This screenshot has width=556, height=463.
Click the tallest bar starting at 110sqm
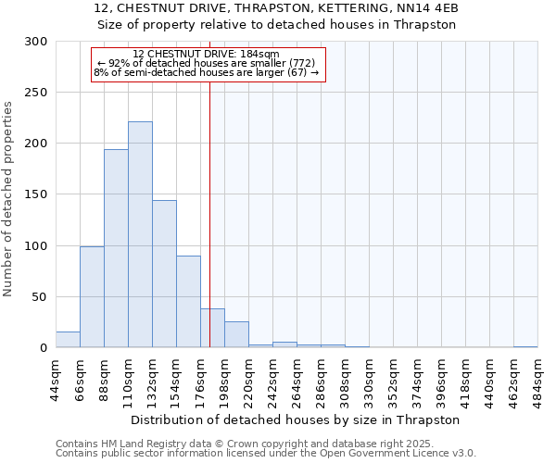tap(140, 234)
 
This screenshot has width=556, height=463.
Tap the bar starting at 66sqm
tap(92, 296)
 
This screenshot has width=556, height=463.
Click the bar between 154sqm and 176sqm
tap(188, 301)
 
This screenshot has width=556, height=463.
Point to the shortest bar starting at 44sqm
tap(68, 340)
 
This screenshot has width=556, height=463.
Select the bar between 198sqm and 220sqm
tap(236, 334)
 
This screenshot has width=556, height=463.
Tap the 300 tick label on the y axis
tap(36, 42)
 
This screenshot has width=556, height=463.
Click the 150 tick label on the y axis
tap(36, 194)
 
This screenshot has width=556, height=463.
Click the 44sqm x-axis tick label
tap(57, 379)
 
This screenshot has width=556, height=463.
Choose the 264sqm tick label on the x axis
tap(297, 379)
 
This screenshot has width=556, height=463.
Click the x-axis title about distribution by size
tap(295, 419)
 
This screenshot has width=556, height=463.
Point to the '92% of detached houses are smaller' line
tap(207, 63)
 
